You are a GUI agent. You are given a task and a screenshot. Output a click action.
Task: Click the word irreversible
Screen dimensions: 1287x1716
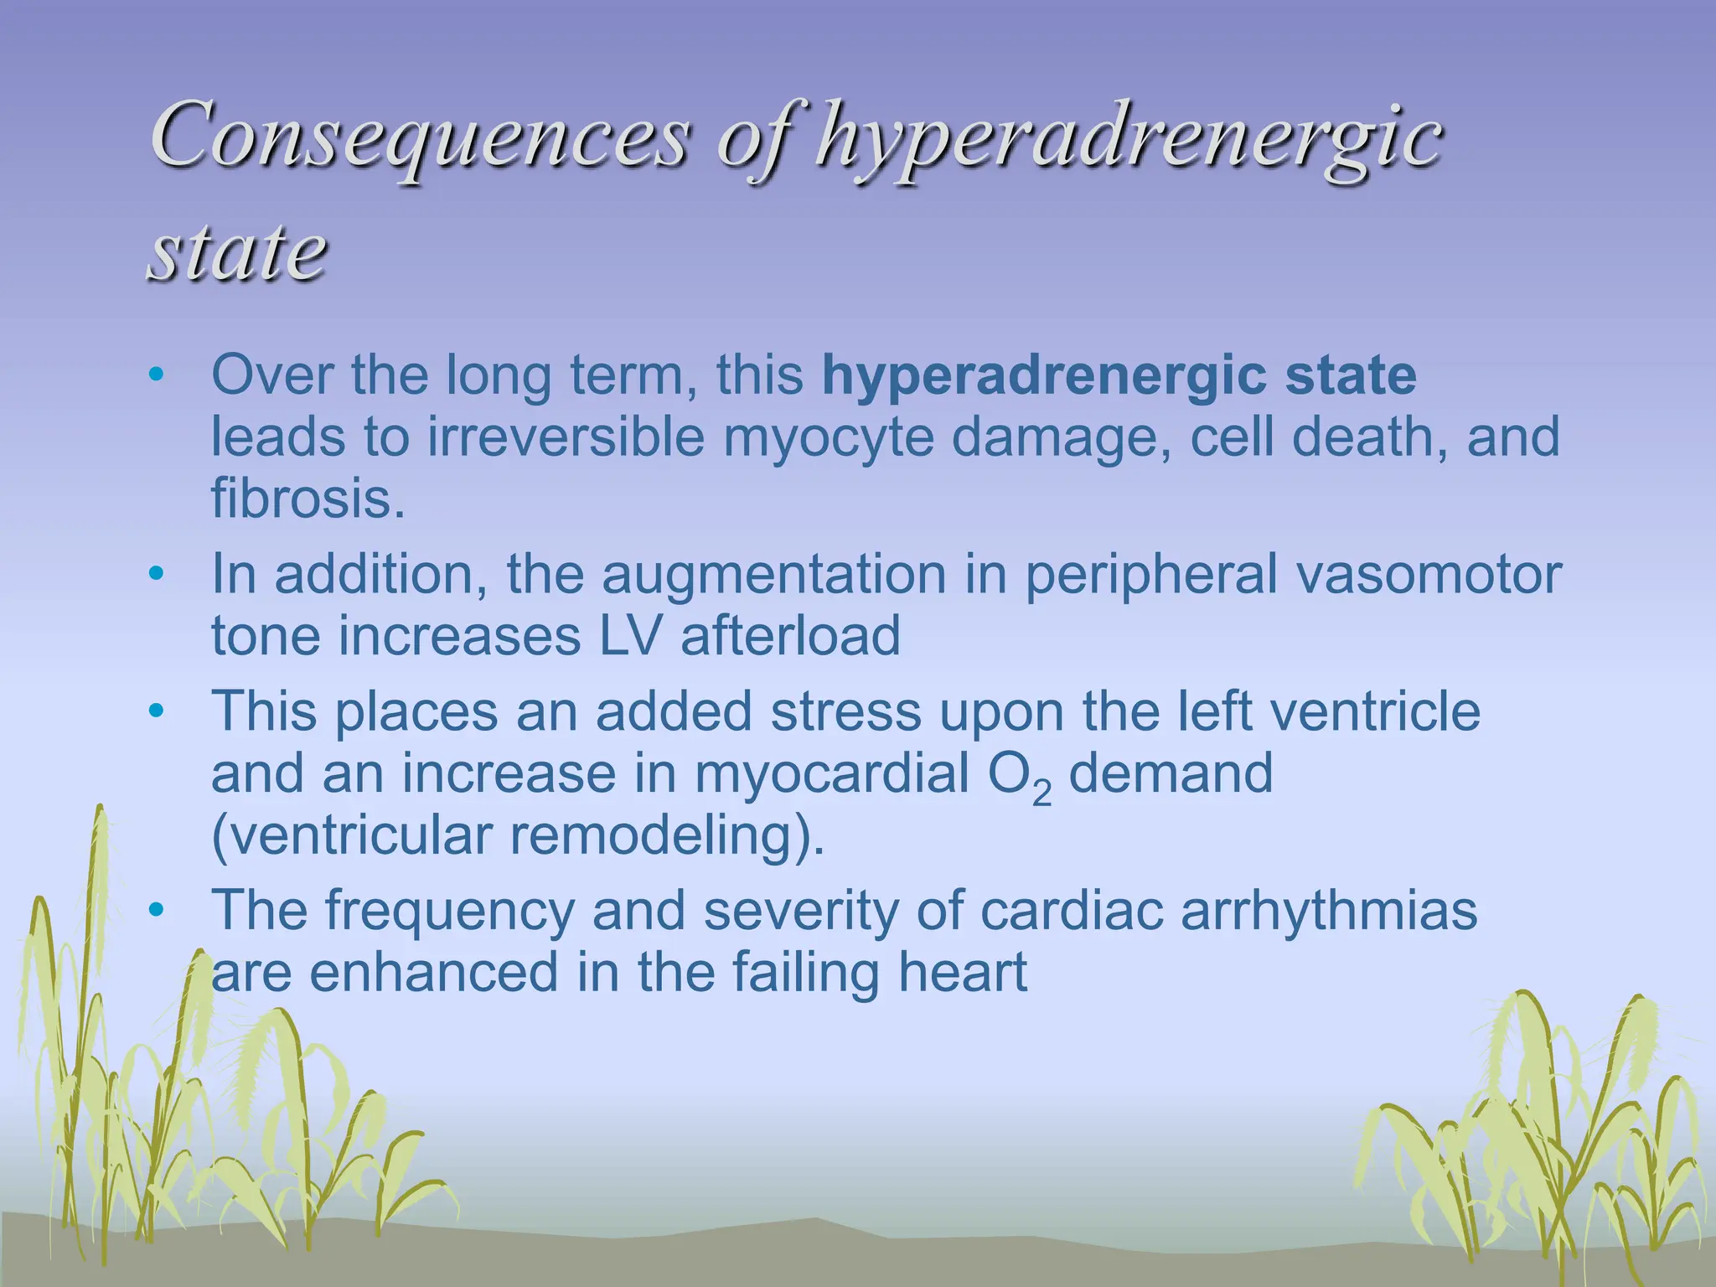[x=566, y=437]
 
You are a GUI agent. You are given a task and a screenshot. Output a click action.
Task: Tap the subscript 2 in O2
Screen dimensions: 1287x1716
[x=1041, y=792]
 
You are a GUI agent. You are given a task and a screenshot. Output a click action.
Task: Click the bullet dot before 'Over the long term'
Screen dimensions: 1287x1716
[x=155, y=375]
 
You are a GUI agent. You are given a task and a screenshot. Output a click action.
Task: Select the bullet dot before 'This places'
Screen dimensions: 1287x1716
[x=155, y=712]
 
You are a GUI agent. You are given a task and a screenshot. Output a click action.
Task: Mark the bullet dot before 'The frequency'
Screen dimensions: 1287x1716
[x=155, y=911]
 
